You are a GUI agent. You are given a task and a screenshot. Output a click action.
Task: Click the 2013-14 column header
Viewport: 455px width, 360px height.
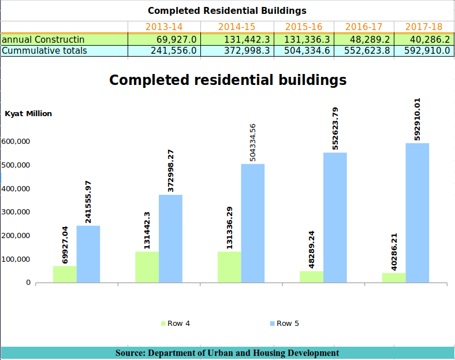click(x=164, y=27)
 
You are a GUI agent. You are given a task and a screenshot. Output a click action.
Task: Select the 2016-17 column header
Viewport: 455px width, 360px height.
click(x=364, y=27)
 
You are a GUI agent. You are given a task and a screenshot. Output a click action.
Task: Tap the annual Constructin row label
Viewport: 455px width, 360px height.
click(x=43, y=39)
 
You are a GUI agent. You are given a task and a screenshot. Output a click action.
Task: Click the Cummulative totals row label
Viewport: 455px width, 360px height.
click(x=44, y=50)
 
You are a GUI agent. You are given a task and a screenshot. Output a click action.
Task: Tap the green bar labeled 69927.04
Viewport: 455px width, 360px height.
click(x=65, y=274)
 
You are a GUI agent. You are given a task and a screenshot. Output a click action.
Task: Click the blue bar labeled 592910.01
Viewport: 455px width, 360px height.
click(x=417, y=213)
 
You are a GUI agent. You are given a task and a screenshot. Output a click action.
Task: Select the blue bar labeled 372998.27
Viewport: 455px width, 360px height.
click(x=171, y=239)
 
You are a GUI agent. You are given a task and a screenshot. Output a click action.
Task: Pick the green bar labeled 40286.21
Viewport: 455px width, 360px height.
click(x=394, y=277)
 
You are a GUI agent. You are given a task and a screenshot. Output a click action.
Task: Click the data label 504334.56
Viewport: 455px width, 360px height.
click(x=252, y=143)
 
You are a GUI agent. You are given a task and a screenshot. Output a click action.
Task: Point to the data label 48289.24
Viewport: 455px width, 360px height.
click(x=311, y=250)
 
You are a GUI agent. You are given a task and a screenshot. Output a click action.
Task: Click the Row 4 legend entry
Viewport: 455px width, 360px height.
click(x=176, y=324)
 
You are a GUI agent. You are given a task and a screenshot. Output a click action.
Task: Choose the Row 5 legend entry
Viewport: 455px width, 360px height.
click(x=284, y=324)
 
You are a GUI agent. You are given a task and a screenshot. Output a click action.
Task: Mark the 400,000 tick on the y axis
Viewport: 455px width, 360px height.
click(x=16, y=189)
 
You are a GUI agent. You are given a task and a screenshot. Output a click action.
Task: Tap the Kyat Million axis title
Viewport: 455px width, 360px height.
click(x=28, y=113)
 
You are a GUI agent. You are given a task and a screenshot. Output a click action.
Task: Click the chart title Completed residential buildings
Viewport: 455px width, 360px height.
click(x=228, y=80)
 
